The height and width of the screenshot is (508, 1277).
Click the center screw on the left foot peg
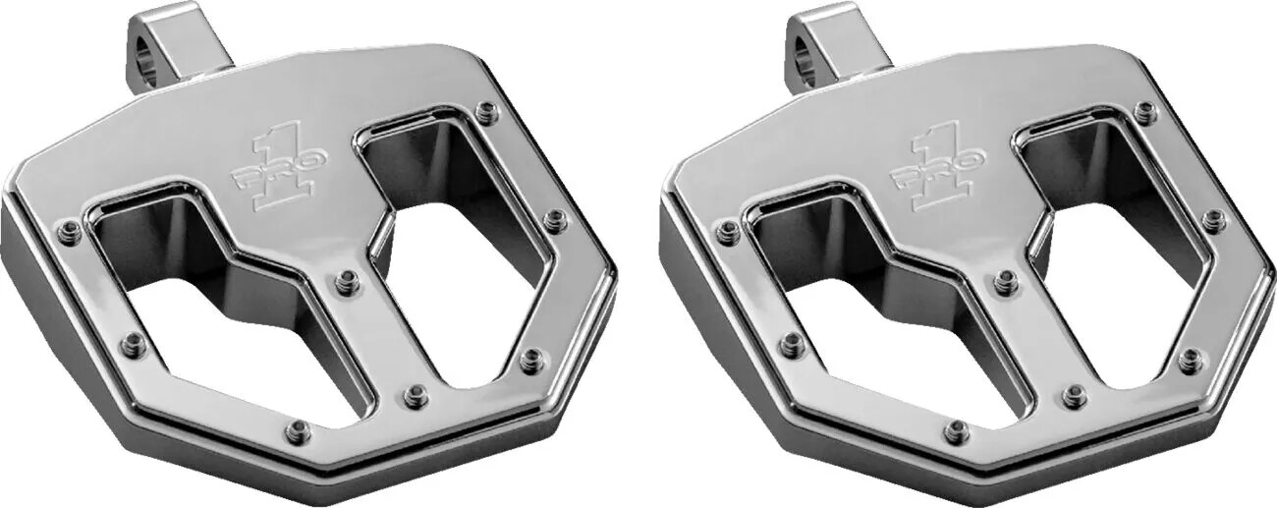click(x=345, y=283)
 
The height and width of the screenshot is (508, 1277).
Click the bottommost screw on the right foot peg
click(x=956, y=430)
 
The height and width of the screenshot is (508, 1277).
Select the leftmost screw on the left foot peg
click(x=69, y=232)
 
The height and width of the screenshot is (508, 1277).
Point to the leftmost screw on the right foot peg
click(x=728, y=232)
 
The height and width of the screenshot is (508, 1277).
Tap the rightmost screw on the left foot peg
click(x=555, y=218)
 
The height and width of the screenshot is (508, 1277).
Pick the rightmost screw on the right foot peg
click(x=1214, y=218)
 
